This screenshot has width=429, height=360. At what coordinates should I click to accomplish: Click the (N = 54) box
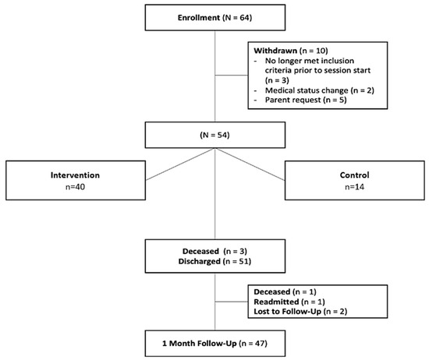click(214, 136)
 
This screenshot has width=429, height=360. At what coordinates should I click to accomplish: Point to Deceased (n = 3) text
click(214, 250)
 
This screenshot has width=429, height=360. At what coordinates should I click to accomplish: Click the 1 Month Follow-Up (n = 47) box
click(214, 341)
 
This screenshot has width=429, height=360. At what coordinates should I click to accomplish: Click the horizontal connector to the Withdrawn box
click(231, 76)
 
